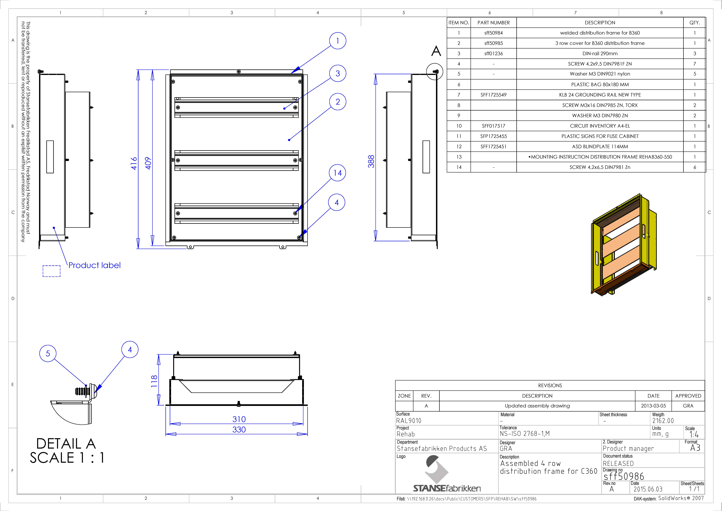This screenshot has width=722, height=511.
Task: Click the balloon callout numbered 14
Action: click(x=337, y=173)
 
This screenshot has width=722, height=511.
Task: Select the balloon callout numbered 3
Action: click(x=338, y=73)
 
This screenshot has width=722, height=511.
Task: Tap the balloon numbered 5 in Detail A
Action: click(x=48, y=353)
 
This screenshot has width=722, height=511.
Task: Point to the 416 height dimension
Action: click(x=134, y=163)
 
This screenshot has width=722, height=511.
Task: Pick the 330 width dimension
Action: click(x=239, y=430)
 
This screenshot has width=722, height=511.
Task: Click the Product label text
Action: click(x=94, y=265)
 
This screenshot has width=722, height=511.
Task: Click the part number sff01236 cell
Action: click(x=493, y=53)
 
